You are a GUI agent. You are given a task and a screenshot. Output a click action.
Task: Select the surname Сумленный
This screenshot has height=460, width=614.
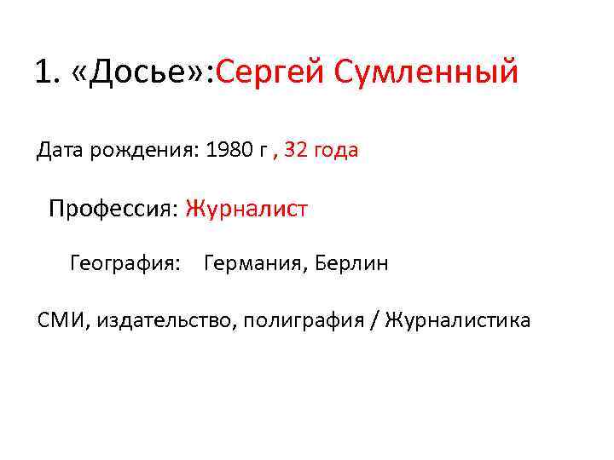coord(426,72)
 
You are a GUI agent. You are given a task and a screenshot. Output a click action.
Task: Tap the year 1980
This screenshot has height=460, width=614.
coord(229,151)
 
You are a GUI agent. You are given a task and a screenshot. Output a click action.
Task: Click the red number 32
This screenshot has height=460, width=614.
coord(298,151)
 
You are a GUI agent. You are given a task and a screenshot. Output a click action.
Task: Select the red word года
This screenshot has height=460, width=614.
coord(337,152)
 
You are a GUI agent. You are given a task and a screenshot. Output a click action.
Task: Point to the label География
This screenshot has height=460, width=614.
coord(125,263)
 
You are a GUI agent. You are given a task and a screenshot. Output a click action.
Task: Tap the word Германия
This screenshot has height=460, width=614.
coord(256,263)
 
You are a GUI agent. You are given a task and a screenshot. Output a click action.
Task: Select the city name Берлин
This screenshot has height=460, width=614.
coord(351,263)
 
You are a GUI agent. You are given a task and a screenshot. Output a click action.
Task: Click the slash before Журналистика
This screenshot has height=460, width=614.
coord(375,320)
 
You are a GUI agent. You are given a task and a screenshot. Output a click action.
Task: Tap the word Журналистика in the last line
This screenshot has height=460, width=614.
coord(457,320)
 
